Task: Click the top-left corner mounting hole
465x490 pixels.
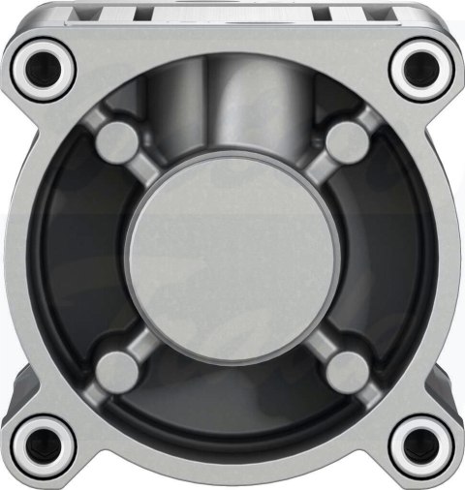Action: [44, 66]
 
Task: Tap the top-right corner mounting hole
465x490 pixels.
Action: [419, 66]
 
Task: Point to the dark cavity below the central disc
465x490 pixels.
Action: [232, 407]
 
